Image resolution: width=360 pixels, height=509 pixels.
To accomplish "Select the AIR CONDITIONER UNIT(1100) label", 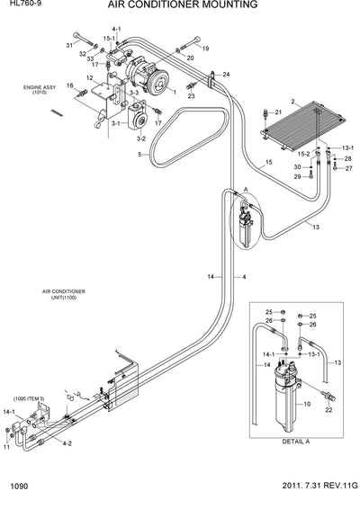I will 64,295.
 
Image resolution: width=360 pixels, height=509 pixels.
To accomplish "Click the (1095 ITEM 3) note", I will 30,397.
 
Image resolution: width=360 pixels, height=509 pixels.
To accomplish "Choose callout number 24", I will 227,74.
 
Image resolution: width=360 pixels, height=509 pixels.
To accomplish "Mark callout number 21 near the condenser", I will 278,112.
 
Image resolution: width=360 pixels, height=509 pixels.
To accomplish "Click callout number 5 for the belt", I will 139,155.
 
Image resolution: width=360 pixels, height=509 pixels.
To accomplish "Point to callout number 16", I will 69,85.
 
